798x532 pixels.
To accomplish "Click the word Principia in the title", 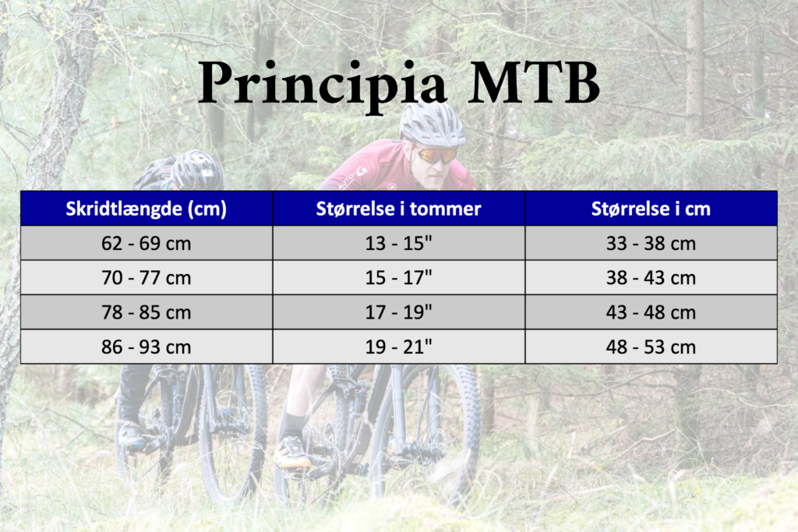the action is coord(323,84).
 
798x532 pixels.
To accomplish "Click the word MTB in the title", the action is coord(534,81).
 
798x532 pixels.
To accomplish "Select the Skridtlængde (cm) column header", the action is coord(146,209).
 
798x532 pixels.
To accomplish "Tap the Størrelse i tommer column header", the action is coord(398,209).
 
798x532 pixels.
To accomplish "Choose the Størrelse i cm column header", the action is coord(651,209).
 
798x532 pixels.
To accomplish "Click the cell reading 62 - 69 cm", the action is coord(146,244).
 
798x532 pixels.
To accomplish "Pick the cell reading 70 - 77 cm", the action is coord(146,278).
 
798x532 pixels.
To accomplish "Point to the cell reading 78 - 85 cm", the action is coord(146,312).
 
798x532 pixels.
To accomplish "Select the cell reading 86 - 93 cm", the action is coord(146,347).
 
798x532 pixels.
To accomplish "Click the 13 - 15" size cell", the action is coord(398,244).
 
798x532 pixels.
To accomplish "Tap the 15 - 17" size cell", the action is coord(398,278).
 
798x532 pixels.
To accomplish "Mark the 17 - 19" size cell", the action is coord(398,312).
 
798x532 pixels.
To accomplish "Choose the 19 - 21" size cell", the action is coord(398,347).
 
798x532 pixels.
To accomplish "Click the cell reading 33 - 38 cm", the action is coord(651,244).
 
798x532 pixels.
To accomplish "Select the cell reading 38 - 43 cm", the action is coord(651,278).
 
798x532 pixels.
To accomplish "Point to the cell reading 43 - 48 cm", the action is coord(651,312).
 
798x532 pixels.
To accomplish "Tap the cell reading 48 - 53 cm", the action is coord(651,347).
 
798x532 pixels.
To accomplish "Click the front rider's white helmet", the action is coord(432,124).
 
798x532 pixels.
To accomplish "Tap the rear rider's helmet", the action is coord(197,170).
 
